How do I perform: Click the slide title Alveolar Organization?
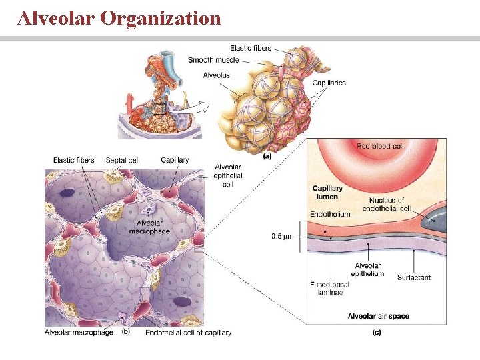[x=119, y=18]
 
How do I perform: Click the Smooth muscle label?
[x=213, y=60]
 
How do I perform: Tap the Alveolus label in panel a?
[x=216, y=75]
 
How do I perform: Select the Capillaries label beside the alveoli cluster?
[x=329, y=83]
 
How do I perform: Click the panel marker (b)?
[x=125, y=331]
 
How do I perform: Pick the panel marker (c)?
[x=377, y=332]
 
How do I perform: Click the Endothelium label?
[x=330, y=214]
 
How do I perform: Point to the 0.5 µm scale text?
[x=283, y=235]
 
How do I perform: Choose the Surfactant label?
[x=413, y=277]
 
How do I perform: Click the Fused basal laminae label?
[x=329, y=287]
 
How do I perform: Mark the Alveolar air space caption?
[x=378, y=315]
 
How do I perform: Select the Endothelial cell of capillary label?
[x=188, y=332]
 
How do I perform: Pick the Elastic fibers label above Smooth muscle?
[x=251, y=48]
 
